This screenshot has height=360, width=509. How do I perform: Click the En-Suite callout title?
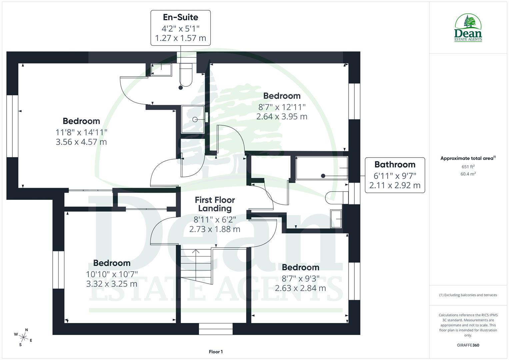tap(180, 17)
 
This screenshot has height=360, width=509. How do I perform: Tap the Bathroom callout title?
tap(395, 164)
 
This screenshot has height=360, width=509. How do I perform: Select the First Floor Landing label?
tap(215, 204)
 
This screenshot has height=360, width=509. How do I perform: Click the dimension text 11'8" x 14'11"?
tap(81, 132)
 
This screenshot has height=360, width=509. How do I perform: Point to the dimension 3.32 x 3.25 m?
tap(112, 284)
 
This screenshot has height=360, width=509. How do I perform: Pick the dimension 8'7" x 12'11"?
tap(282, 107)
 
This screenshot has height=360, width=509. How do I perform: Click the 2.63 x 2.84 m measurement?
tap(300, 288)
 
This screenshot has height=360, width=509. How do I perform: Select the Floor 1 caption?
tap(216, 352)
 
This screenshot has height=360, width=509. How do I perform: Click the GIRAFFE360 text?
tap(468, 345)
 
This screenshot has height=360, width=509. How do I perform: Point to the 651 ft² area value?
tap(468, 167)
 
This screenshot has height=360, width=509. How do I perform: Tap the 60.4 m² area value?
tap(468, 174)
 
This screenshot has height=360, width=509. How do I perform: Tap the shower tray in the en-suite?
tap(193, 119)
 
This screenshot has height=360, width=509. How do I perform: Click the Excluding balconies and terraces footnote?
tap(468, 295)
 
